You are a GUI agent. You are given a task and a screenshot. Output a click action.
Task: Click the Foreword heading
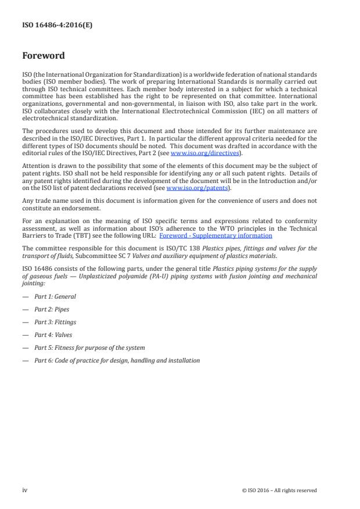pyautogui.click(x=44, y=56)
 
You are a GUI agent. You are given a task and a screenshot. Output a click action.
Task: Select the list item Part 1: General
pyautogui.click(x=55, y=296)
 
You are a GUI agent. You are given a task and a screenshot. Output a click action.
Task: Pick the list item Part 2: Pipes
pyautogui.click(x=52, y=309)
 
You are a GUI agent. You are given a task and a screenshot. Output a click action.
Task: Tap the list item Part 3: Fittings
pyautogui.click(x=55, y=322)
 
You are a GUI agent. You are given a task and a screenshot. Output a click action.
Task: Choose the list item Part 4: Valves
pyautogui.click(x=54, y=335)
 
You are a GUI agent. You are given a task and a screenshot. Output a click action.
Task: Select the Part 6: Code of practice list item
pyautogui.click(x=117, y=360)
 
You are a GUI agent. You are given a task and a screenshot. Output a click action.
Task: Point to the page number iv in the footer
pyautogui.click(x=25, y=490)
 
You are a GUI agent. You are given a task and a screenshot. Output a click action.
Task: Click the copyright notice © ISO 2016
pyautogui.click(x=279, y=490)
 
